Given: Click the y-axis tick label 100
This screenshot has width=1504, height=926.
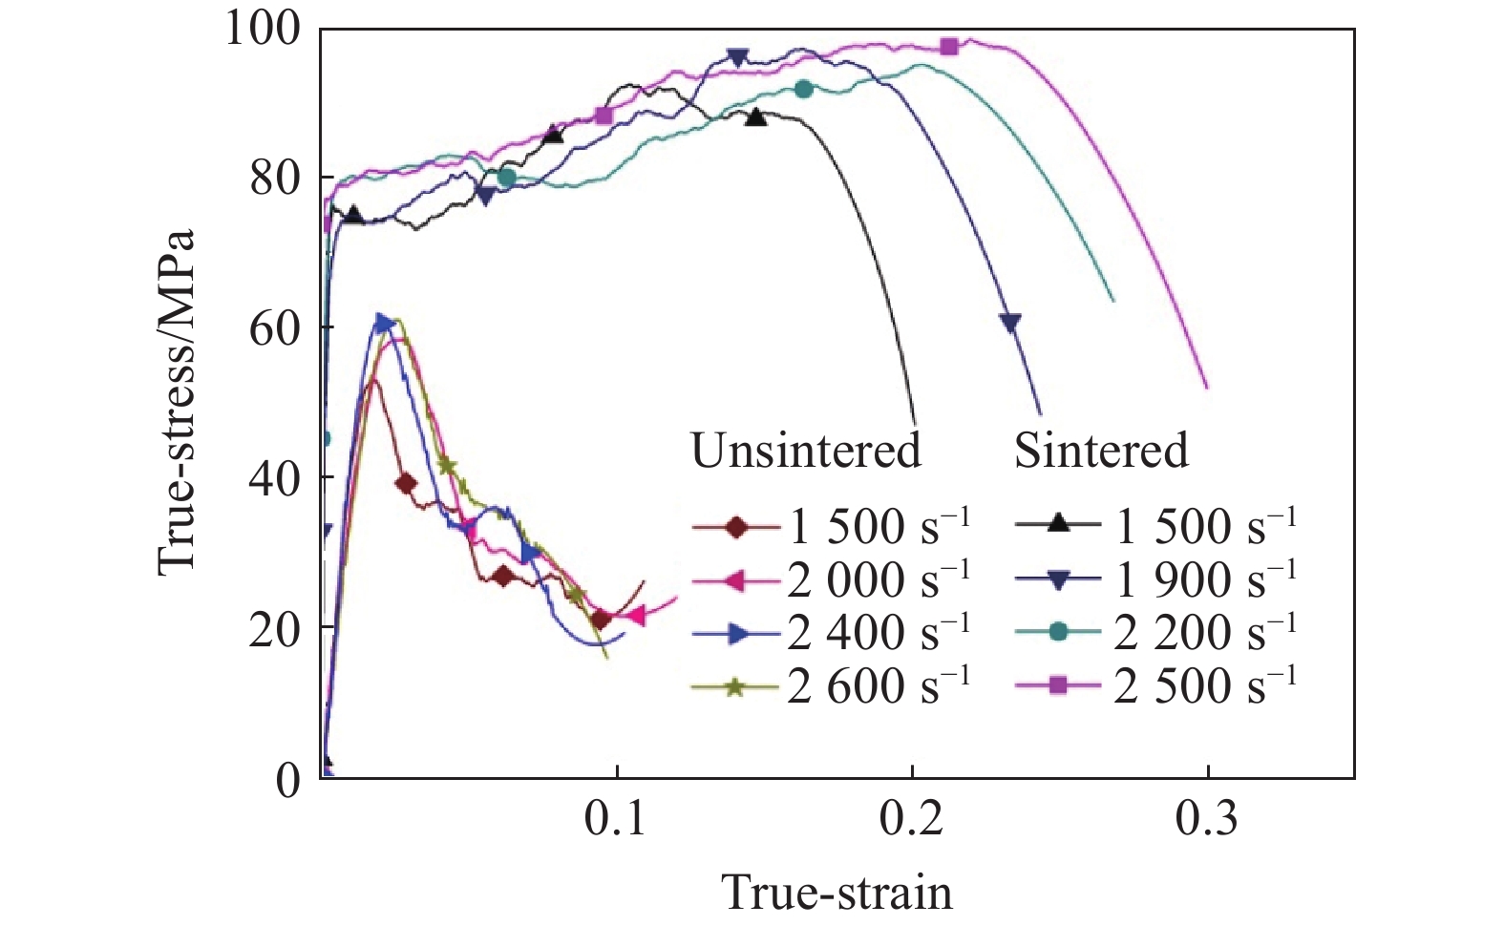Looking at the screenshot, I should tap(261, 30).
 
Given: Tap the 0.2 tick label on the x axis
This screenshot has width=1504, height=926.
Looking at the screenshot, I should tap(912, 820).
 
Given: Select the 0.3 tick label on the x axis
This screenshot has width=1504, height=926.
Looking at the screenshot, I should tap(1207, 820).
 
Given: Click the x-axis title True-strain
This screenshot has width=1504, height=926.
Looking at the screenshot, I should tap(837, 892).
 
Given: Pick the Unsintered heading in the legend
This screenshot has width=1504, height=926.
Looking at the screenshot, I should tap(806, 451).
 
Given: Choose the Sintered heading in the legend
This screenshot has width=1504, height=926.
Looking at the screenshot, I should tap(1101, 451).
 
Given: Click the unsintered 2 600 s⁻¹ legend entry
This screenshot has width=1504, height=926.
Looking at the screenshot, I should tap(831, 685).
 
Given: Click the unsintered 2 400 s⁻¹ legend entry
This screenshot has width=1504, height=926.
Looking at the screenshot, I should tap(831, 633).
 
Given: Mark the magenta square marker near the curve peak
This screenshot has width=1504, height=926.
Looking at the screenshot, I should tap(949, 46).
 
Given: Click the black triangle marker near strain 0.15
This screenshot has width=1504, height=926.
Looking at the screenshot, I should tap(756, 117).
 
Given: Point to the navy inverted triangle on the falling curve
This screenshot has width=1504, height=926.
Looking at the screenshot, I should tap(1010, 323).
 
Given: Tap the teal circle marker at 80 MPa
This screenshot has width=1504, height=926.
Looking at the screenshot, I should tap(507, 178).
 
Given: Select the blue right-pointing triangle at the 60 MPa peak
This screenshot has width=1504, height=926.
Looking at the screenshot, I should tap(384, 324).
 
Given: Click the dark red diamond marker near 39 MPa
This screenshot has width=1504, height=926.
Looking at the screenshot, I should tap(406, 484).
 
